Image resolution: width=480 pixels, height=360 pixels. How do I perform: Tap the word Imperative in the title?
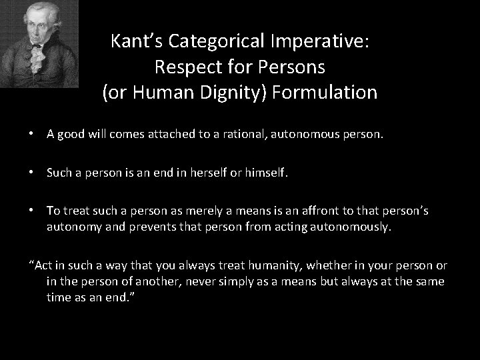pyautogui.click(x=322, y=42)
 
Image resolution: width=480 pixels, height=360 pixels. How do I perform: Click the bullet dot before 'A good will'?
pyautogui.click(x=32, y=134)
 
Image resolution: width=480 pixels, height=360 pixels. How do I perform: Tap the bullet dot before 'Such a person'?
pyautogui.click(x=32, y=173)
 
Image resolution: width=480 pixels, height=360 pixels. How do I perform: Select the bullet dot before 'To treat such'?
pyautogui.click(x=32, y=211)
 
